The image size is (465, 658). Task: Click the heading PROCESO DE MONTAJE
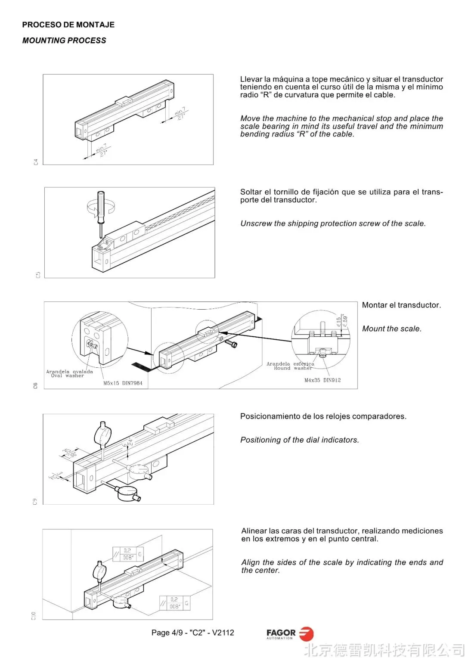pos(68,25)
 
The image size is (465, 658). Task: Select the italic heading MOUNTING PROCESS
pos(64,40)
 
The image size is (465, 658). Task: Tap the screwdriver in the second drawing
pos(101,211)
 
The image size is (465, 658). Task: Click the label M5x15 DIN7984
pos(123,383)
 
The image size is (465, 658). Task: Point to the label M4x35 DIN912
pos(322,380)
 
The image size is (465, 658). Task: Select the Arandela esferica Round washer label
pos(291,366)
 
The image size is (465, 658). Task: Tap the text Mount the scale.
pos(392,329)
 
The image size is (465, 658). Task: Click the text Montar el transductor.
pos(401,305)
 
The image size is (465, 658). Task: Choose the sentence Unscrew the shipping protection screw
pos(333,223)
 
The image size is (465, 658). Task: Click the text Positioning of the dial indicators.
pos(300,440)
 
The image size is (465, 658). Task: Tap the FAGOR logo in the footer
pos(290,633)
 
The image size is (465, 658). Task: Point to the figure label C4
pos(36,162)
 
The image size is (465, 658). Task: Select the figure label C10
pos(34,616)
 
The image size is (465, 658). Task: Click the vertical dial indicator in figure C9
pos(103,435)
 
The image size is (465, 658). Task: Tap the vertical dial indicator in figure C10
pos(100,571)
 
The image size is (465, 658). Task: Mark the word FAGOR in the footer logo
pos(281,633)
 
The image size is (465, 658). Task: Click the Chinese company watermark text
pos(384,649)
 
